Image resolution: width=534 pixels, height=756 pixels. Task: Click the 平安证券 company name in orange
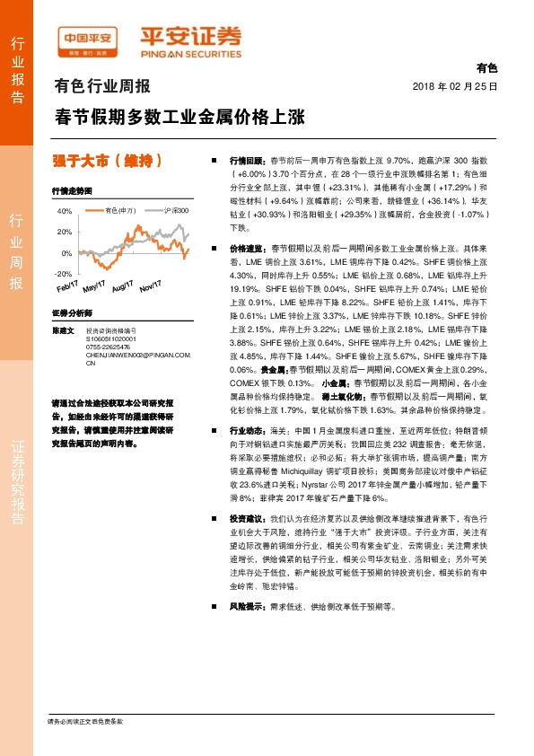point(189,36)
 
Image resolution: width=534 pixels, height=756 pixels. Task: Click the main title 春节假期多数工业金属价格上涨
point(179,117)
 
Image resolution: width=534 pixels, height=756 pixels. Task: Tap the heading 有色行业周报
point(102,87)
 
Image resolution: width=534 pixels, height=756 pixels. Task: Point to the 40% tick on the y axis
point(65,211)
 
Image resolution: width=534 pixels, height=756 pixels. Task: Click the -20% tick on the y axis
point(63,273)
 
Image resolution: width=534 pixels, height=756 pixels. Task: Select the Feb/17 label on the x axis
point(69,286)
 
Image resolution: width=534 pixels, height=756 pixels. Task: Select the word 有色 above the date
point(486,68)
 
